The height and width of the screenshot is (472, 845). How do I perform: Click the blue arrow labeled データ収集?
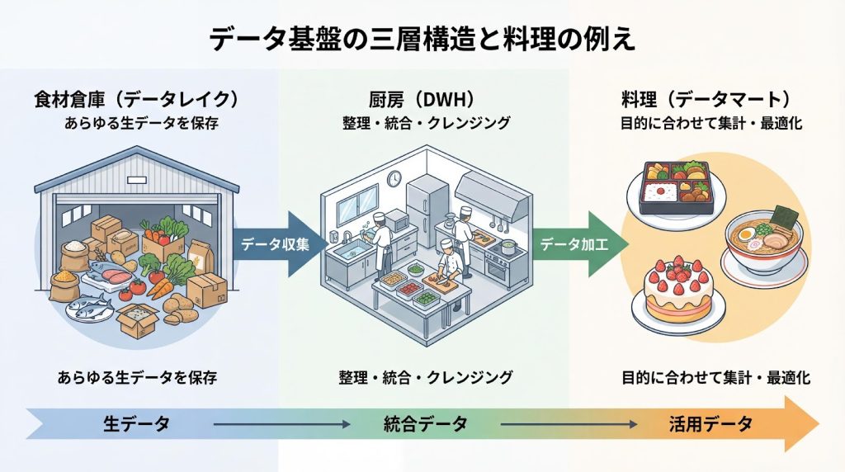tap(276, 243)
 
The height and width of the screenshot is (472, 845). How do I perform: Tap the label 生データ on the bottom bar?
tap(137, 424)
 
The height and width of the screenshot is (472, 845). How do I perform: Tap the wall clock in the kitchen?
tap(394, 178)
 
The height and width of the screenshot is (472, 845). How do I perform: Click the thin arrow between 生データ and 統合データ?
tap(281, 424)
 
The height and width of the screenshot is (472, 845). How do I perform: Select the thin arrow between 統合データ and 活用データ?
tap(569, 424)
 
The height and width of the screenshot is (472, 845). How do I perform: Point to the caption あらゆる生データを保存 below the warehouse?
tap(137, 378)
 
